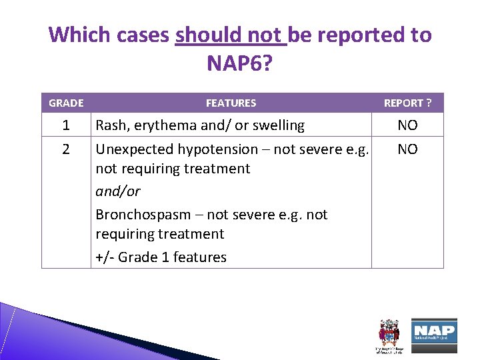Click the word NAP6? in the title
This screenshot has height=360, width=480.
(x=240, y=63)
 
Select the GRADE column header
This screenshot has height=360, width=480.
(x=66, y=103)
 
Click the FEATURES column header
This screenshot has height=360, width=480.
(x=231, y=103)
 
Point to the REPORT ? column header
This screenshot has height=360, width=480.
(x=407, y=103)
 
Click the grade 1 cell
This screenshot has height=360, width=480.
(x=66, y=125)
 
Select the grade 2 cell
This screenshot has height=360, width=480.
(x=66, y=149)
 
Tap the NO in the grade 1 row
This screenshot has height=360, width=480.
(x=407, y=125)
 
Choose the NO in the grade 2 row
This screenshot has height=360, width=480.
(x=407, y=149)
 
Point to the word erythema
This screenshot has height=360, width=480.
(x=159, y=125)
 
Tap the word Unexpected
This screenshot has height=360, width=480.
(x=130, y=149)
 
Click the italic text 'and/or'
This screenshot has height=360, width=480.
(x=118, y=191)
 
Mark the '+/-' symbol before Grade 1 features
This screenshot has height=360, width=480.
(x=105, y=257)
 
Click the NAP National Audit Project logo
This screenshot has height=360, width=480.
(x=434, y=331)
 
